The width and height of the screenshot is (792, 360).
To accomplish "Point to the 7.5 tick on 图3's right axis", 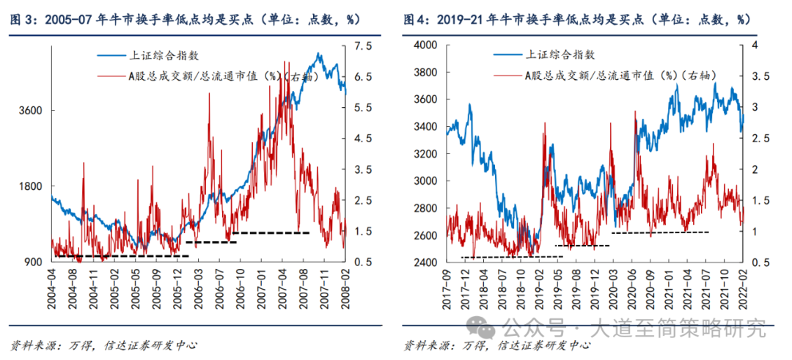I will coord(364,45).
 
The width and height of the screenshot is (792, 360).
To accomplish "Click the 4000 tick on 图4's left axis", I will coord(425,45).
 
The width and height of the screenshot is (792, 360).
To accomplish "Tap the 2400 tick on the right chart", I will coord(425,262).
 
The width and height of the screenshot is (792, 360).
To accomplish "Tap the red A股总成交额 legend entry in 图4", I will coord(609,76).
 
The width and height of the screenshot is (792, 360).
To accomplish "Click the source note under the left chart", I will coord(103,345).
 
